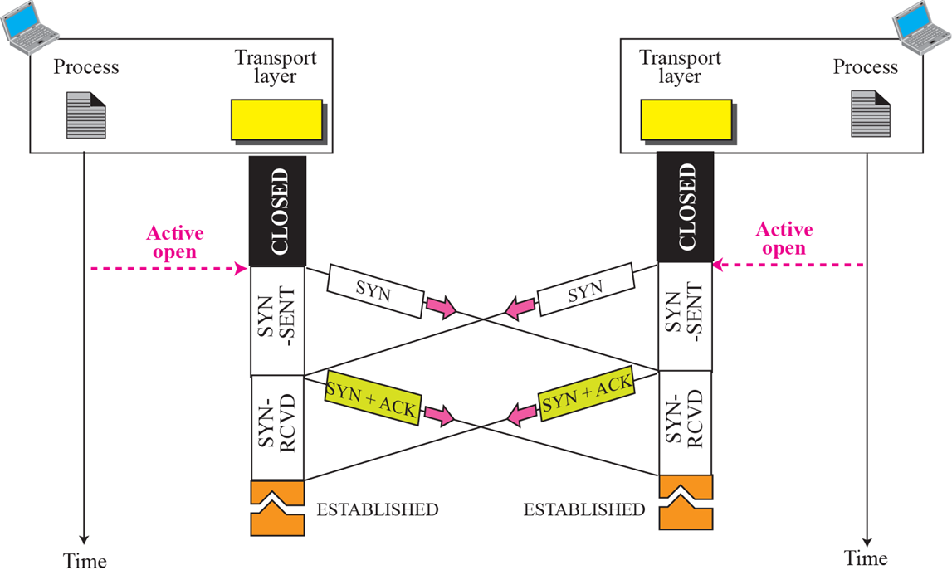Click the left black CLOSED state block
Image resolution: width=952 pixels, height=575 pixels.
pyautogui.click(x=278, y=212)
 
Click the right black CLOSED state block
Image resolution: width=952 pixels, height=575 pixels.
pyautogui.click(x=685, y=207)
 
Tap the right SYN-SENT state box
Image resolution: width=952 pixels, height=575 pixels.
pyautogui.click(x=685, y=317)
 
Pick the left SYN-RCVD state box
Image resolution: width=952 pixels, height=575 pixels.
pyautogui.click(x=278, y=427)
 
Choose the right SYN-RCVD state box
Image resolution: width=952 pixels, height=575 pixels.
pyautogui.click(x=685, y=423)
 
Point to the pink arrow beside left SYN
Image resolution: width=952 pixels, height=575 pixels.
pyautogui.click(x=441, y=307)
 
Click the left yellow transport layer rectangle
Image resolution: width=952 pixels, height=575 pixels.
pyautogui.click(x=276, y=119)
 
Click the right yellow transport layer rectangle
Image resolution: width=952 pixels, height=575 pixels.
pyautogui.click(x=686, y=118)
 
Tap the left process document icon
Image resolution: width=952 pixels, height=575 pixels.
pyautogui.click(x=86, y=115)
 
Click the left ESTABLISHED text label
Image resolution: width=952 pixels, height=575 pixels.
pyautogui.click(x=378, y=509)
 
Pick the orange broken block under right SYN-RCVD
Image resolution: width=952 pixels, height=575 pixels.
pyautogui.click(x=686, y=502)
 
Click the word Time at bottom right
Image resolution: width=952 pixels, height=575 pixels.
pyautogui.click(x=866, y=558)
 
